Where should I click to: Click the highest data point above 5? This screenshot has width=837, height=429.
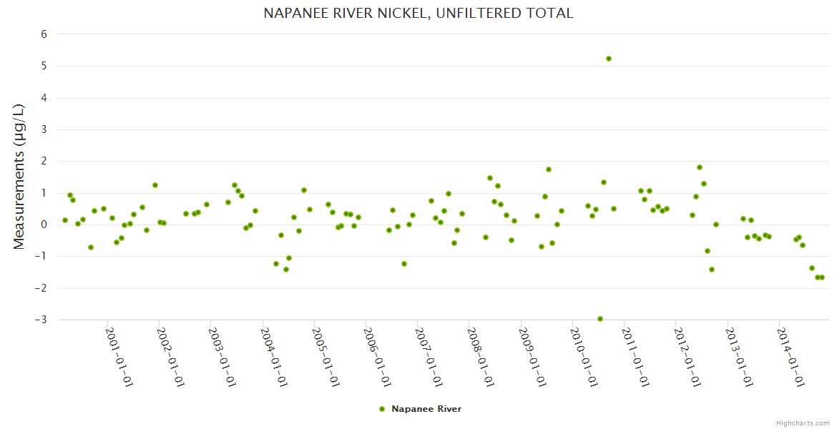point(609,59)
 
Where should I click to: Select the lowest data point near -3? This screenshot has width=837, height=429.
point(600,319)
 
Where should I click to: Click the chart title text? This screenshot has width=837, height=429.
point(418,13)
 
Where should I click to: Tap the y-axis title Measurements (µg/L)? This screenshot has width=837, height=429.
point(19,177)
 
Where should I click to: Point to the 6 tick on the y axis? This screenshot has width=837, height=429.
point(44,34)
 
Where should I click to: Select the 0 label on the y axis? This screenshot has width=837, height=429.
point(44,225)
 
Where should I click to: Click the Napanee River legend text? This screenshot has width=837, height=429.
point(426,409)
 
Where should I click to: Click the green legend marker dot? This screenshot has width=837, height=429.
point(382,409)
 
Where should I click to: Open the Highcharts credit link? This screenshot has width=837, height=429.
point(803,423)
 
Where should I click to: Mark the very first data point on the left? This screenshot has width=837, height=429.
point(65,220)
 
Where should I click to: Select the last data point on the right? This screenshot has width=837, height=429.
point(822,277)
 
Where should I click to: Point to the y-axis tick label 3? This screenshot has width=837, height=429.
point(44,129)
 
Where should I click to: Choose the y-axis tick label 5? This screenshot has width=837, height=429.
point(44,66)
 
